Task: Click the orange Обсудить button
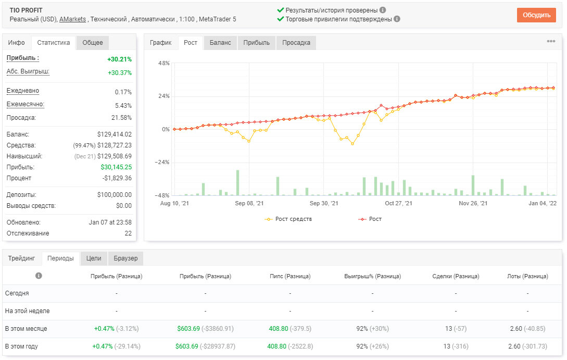click(x=536, y=15)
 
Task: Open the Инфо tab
click(x=17, y=43)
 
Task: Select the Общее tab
click(x=93, y=43)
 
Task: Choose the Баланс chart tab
click(x=220, y=43)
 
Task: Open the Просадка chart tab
click(x=296, y=43)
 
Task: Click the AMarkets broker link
click(x=73, y=19)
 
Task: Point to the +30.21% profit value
click(x=120, y=59)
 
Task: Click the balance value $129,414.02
click(x=114, y=134)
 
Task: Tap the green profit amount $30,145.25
click(x=116, y=167)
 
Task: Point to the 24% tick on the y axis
click(x=164, y=96)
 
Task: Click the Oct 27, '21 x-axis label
click(x=398, y=203)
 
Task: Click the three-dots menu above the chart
click(x=551, y=41)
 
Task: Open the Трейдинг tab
click(x=22, y=258)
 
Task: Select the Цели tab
click(x=94, y=258)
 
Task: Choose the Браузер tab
click(x=126, y=258)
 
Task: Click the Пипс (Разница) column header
click(x=290, y=276)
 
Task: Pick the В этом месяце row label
click(x=26, y=329)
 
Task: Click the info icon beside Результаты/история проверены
click(x=383, y=10)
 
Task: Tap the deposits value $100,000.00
click(x=114, y=195)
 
